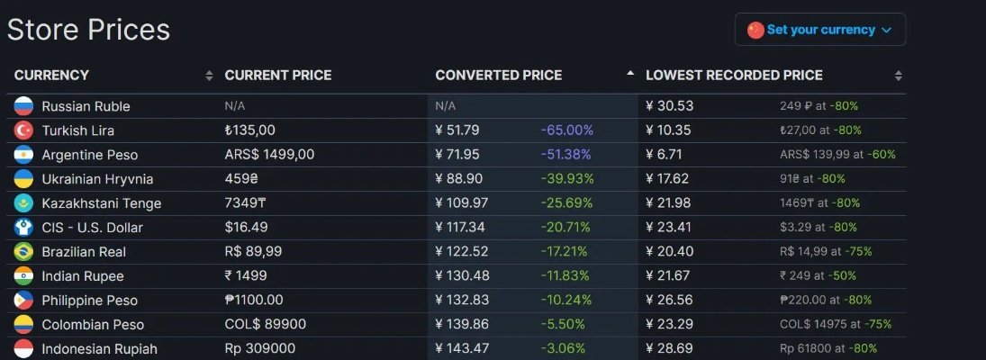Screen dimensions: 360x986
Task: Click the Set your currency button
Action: (819, 30)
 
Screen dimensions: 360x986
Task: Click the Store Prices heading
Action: (88, 30)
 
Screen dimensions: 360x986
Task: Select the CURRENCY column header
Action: (51, 76)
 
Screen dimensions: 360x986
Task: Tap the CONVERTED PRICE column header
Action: (498, 76)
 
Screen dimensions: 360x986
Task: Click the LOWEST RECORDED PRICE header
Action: (734, 76)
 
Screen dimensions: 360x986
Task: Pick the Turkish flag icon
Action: (23, 130)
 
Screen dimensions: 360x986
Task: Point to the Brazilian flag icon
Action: (23, 252)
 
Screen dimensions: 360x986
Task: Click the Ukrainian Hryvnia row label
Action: (97, 179)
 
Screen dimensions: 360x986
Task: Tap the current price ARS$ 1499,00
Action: (269, 155)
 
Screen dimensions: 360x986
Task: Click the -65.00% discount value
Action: (566, 130)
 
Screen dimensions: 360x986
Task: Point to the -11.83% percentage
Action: (566, 276)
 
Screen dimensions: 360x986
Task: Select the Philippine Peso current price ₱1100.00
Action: (254, 301)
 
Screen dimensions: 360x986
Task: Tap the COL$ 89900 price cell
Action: (265, 325)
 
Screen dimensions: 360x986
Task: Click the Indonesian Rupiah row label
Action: (99, 349)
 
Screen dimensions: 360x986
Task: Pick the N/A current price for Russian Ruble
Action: (235, 106)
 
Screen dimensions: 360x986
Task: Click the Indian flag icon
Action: (23, 276)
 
